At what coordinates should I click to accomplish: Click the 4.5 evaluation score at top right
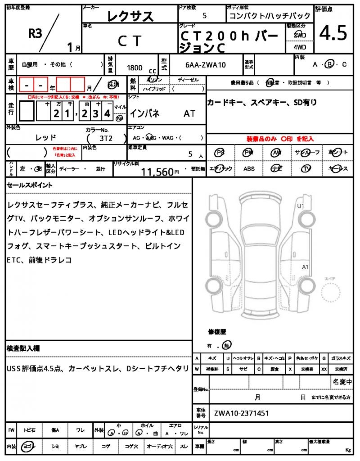pos(333,33)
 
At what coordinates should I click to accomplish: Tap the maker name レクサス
pos(130,17)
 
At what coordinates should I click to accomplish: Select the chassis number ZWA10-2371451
pos(242,413)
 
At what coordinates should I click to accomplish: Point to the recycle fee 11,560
pos(157,172)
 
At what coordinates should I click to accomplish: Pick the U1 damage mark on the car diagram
pos(301,206)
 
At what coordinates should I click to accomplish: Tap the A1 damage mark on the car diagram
pos(305,267)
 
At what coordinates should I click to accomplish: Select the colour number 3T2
pos(106,138)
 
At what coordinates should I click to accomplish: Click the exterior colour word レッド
pos(46,137)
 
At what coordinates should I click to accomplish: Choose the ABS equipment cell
pos(249,169)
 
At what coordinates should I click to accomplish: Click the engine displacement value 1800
pos(135,68)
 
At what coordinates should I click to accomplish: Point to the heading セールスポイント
pos(30,185)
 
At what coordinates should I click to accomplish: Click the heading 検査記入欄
pos(23,348)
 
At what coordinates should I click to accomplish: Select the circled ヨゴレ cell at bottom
pos(28,446)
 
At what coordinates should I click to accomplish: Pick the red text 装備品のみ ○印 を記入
pos(280,139)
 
